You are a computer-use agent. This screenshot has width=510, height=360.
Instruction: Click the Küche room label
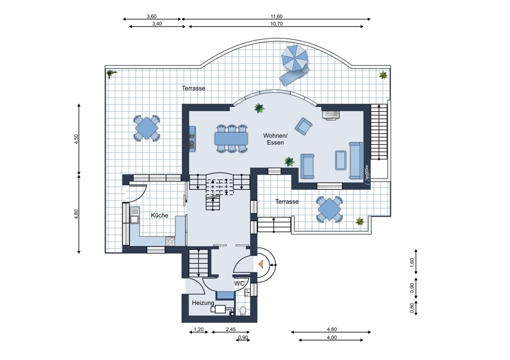click(x=159, y=215)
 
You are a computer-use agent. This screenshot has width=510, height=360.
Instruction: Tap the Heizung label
click(x=203, y=303)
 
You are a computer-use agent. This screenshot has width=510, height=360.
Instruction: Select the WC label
click(x=239, y=284)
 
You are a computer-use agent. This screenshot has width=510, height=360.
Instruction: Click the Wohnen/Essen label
click(x=275, y=139)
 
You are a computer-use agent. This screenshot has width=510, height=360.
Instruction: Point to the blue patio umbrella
click(x=295, y=58)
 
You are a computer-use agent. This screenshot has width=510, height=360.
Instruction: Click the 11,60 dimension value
click(x=276, y=16)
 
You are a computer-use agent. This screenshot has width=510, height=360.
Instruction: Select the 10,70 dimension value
click(x=276, y=24)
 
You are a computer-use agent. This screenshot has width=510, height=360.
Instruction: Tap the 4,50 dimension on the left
click(x=76, y=139)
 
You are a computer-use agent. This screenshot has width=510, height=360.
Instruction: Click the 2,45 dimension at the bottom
click(x=231, y=329)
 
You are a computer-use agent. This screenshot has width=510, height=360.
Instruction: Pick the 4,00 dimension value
click(x=331, y=338)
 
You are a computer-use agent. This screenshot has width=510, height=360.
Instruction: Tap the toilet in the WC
click(x=243, y=311)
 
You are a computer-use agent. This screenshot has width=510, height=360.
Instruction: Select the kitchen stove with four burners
click(x=170, y=241)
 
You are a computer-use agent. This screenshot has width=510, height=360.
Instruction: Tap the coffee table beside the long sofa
click(x=341, y=160)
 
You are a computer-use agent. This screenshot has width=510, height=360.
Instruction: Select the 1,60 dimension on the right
click(x=412, y=262)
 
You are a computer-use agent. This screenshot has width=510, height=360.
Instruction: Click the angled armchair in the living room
click(x=303, y=126)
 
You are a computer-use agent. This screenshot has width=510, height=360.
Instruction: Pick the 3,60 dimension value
click(x=151, y=16)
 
